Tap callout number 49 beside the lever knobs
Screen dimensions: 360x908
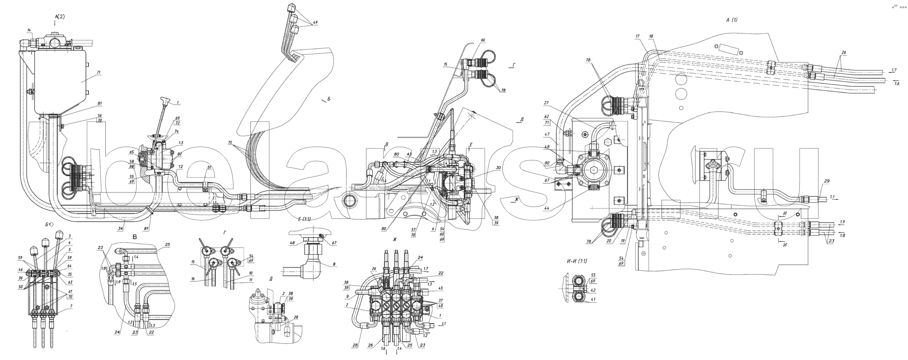315,22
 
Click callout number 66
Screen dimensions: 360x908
483,40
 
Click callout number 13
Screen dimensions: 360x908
181,143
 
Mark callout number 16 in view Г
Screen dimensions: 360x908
193,279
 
